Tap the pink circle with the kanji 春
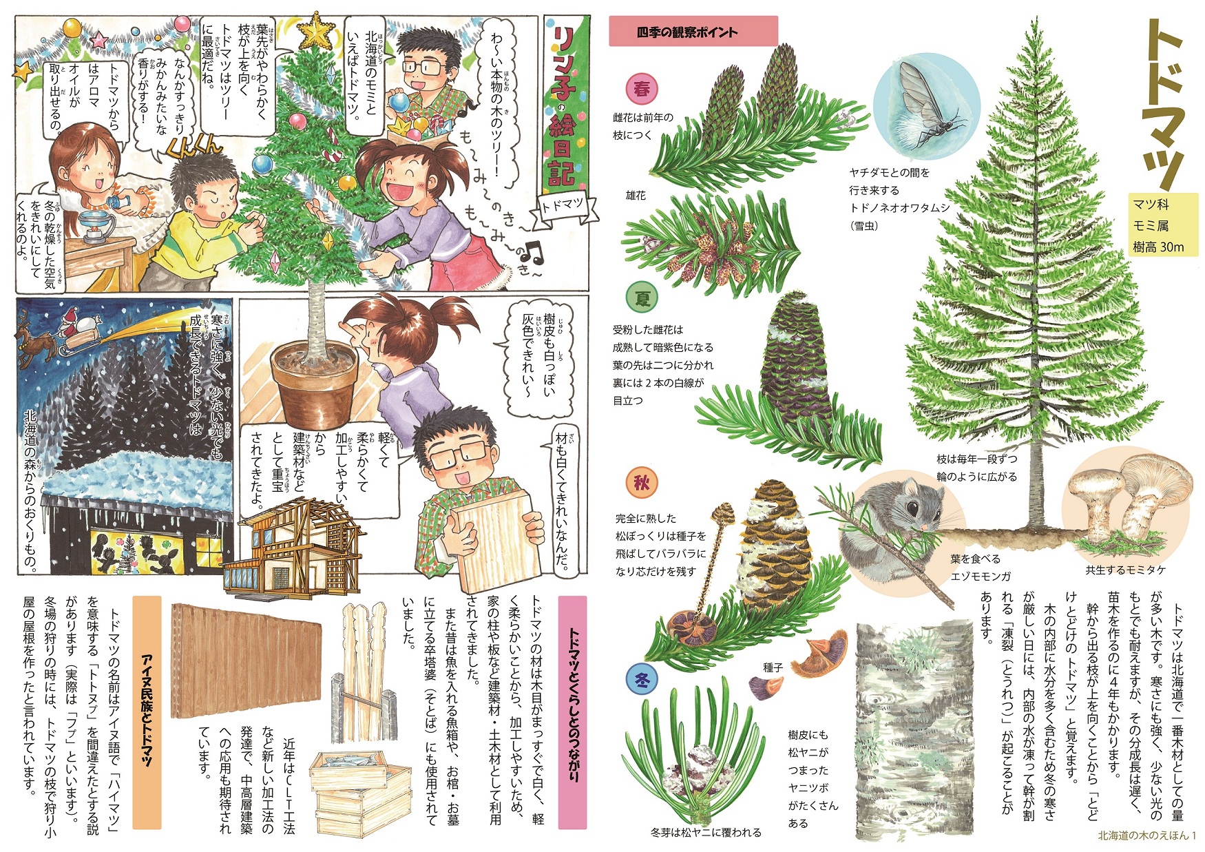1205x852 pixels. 642,89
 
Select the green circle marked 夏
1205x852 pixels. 642,298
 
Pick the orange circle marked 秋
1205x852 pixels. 642,483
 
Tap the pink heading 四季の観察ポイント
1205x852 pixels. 693,32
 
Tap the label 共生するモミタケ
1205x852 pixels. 1126,570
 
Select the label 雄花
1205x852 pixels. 636,196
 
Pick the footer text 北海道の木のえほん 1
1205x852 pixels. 1146,835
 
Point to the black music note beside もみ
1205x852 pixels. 534,252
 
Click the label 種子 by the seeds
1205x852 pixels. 773,667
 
